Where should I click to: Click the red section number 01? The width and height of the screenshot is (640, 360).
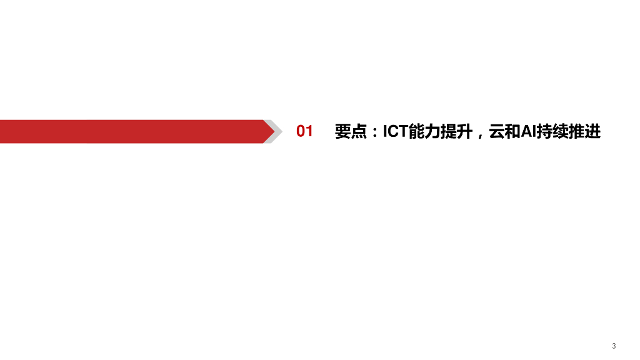click(x=304, y=132)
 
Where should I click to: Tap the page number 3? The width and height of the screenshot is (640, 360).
click(x=614, y=346)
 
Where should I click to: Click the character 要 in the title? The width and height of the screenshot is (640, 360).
click(x=343, y=132)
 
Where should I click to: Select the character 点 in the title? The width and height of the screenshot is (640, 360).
click(x=359, y=132)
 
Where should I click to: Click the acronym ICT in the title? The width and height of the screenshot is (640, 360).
click(x=395, y=132)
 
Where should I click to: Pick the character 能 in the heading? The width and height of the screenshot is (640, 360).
click(x=416, y=132)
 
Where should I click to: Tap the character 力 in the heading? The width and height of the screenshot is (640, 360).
click(x=431, y=132)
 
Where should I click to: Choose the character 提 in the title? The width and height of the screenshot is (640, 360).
click(x=447, y=132)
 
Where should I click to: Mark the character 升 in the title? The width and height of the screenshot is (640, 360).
click(x=463, y=132)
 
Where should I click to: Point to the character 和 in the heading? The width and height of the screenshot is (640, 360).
click(x=512, y=132)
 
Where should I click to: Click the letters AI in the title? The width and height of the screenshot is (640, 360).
click(x=529, y=132)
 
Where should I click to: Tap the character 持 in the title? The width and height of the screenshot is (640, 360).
click(x=545, y=132)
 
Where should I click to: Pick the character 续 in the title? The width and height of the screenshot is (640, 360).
click(x=561, y=132)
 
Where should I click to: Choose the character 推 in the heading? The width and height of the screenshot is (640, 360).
click(x=577, y=132)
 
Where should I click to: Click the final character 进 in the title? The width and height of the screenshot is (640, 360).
click(x=592, y=132)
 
